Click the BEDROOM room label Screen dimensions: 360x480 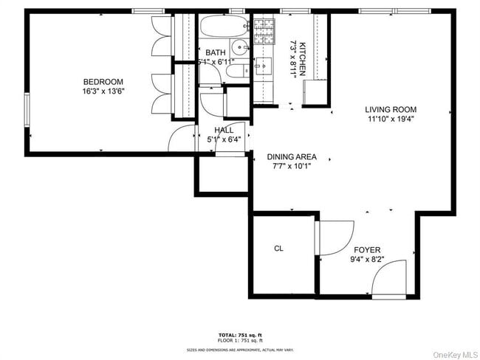point(103,82)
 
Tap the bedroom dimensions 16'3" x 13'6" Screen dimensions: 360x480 point(103,92)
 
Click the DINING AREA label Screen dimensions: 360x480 point(292,157)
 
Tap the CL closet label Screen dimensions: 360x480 point(278,249)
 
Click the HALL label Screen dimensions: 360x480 point(224,130)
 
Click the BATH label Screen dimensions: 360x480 point(216,52)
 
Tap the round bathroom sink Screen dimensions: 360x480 point(239,49)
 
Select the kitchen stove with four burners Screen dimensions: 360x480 point(264,29)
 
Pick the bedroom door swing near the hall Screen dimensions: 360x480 point(181,138)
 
